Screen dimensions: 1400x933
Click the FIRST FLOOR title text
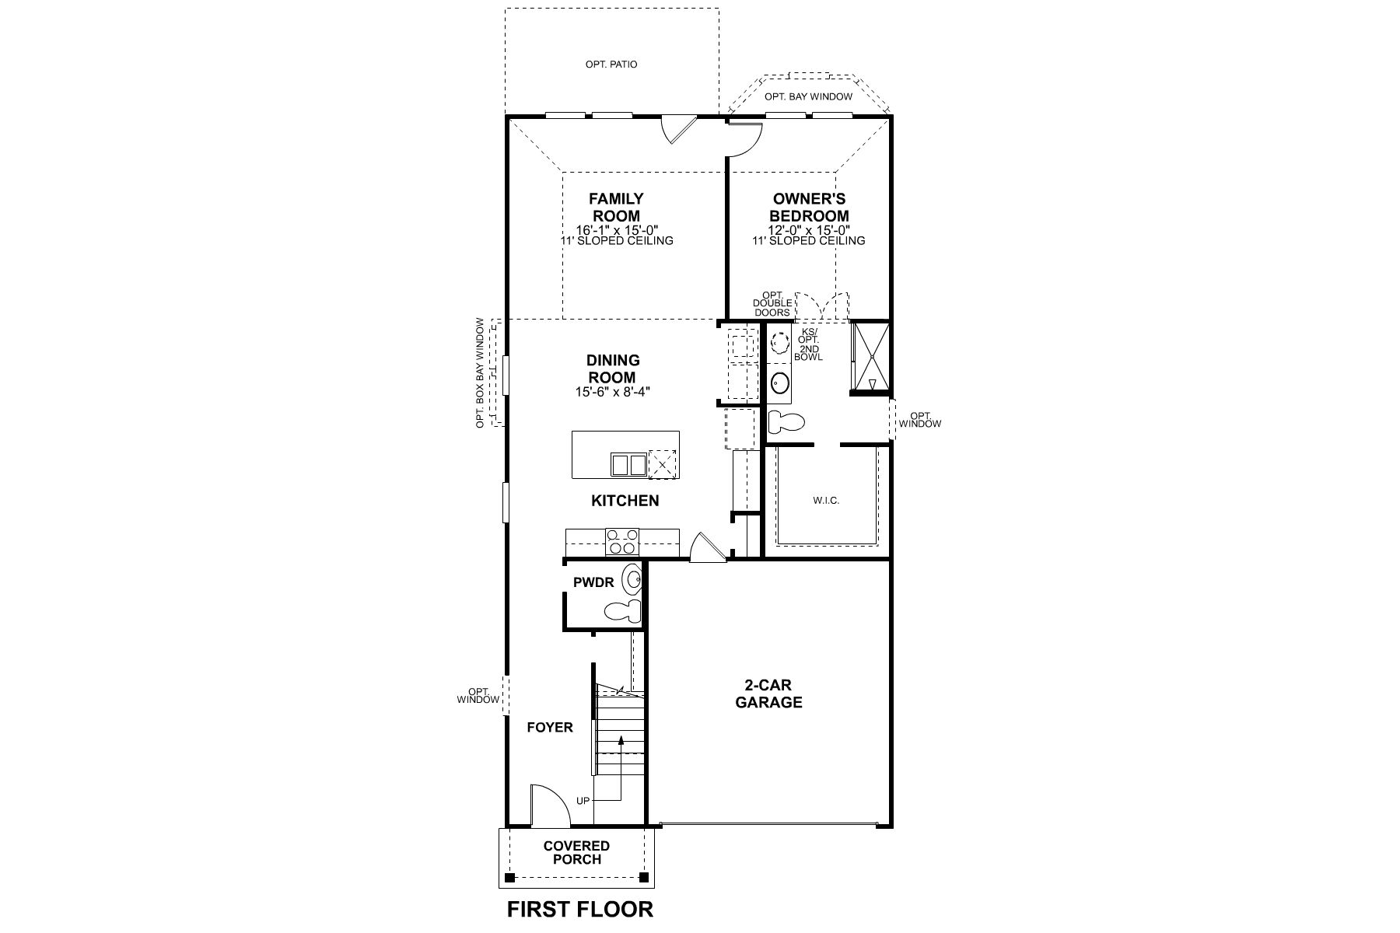[x=580, y=909]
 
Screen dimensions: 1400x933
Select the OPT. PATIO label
[x=611, y=65]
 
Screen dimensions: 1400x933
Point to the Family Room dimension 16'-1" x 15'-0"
[x=617, y=230]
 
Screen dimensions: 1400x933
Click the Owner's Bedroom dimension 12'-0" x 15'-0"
[x=809, y=230]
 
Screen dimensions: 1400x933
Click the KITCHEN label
[x=625, y=501]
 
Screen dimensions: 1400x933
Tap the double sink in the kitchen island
[x=628, y=465]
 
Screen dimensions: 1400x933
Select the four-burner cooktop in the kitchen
[x=621, y=542]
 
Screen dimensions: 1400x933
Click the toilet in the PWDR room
[x=623, y=610]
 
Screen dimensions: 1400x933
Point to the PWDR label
[x=593, y=582]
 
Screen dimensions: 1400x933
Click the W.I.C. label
[x=826, y=501]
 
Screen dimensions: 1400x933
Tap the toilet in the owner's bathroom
[x=786, y=423]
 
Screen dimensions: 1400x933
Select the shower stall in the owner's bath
[x=870, y=357]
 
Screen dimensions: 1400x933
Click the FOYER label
[x=550, y=728]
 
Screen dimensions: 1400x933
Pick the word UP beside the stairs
[x=583, y=801]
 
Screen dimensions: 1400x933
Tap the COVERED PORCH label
[x=576, y=853]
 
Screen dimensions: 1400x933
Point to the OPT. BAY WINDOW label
[x=808, y=97]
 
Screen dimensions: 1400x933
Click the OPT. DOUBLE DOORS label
[x=772, y=303]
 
